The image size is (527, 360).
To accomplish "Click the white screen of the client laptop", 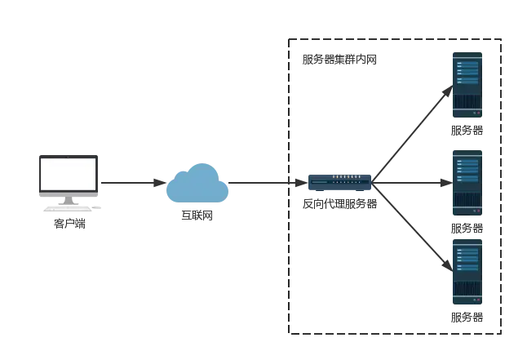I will point(69,173).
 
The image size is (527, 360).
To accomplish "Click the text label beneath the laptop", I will point(69,220).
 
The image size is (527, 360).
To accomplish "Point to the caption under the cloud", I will point(195,215).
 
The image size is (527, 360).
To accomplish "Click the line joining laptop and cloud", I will point(131,182).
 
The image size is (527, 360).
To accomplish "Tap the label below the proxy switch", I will point(339,202).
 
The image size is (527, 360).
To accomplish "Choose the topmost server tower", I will point(467,85).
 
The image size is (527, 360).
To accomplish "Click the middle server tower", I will point(467,182).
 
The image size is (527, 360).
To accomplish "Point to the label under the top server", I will point(467,131).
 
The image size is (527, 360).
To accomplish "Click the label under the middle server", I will point(467,228).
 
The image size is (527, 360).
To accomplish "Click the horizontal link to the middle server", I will point(412,182).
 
